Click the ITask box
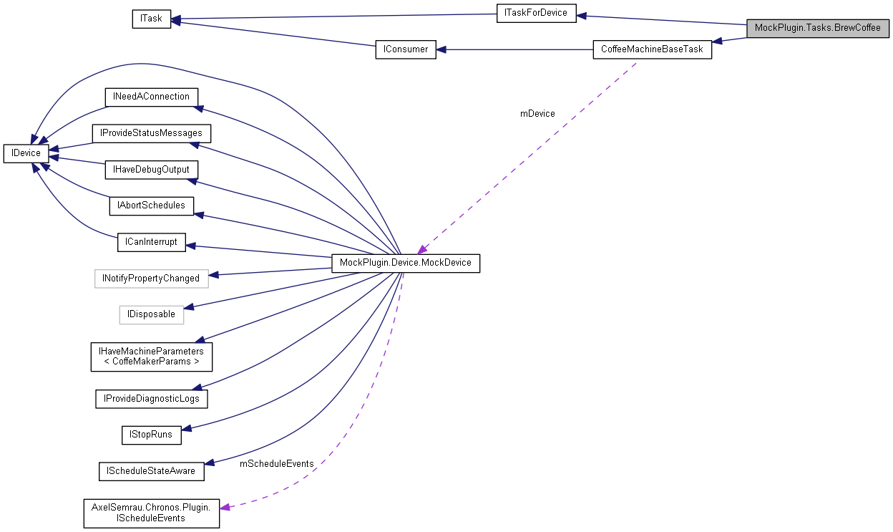coord(152,19)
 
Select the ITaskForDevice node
coord(536,13)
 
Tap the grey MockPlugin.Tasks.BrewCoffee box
coord(817,28)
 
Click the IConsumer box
coord(406,49)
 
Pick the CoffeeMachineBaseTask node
coord(653,49)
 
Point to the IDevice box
coord(26,153)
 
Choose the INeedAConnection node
coord(150,97)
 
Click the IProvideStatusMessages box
coord(152,133)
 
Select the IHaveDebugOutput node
coord(151,170)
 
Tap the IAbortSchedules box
coord(151,205)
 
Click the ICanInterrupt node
coord(151,242)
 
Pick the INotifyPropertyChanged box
coord(151,279)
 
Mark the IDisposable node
coord(151,314)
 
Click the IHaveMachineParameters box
coord(151,357)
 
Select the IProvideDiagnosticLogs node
coord(151,399)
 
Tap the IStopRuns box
coord(151,435)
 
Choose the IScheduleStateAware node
coord(151,471)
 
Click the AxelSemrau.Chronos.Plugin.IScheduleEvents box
coord(151,513)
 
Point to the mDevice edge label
coord(537,113)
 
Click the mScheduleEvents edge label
coord(276,464)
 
